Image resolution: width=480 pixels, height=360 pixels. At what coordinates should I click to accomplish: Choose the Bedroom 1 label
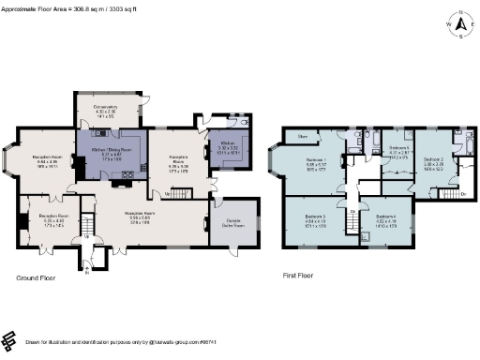317,160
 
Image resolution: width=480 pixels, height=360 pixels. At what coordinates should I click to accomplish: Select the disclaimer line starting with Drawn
141,341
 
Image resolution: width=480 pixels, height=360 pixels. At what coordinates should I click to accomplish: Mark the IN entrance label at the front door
87,270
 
